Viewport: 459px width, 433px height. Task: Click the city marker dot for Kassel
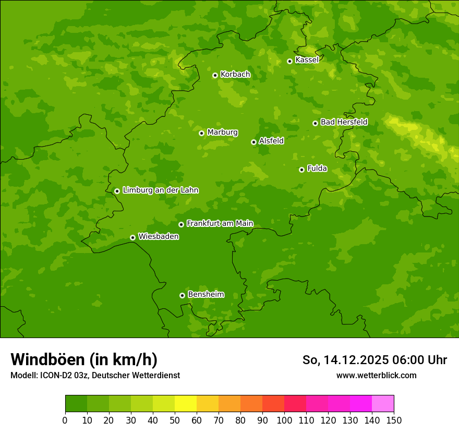pyautogui.click(x=289, y=61)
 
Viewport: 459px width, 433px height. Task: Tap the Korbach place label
pyautogui.click(x=235, y=75)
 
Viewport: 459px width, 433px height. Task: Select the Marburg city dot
pyautogui.click(x=201, y=133)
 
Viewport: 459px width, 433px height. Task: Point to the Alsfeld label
pyautogui.click(x=271, y=141)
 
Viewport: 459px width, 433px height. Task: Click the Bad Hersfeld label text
pyautogui.click(x=344, y=122)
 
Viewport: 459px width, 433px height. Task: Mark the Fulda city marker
pyautogui.click(x=301, y=170)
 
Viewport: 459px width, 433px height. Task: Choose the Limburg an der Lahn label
pyautogui.click(x=160, y=190)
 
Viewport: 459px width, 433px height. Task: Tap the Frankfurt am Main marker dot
pyautogui.click(x=181, y=224)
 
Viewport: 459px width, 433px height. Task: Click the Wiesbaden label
pyautogui.click(x=159, y=237)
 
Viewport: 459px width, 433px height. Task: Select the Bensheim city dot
pyautogui.click(x=182, y=295)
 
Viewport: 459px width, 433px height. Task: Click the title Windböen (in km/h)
pyautogui.click(x=84, y=359)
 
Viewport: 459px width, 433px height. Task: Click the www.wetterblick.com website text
pyautogui.click(x=376, y=375)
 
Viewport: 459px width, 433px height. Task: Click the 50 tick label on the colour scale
pyautogui.click(x=175, y=420)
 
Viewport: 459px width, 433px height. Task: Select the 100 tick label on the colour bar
pyautogui.click(x=284, y=420)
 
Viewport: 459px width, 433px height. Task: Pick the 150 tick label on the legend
pyautogui.click(x=394, y=420)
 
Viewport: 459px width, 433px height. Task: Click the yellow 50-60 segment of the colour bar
pyautogui.click(x=186, y=404)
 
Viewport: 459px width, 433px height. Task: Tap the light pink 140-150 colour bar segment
pyautogui.click(x=383, y=404)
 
